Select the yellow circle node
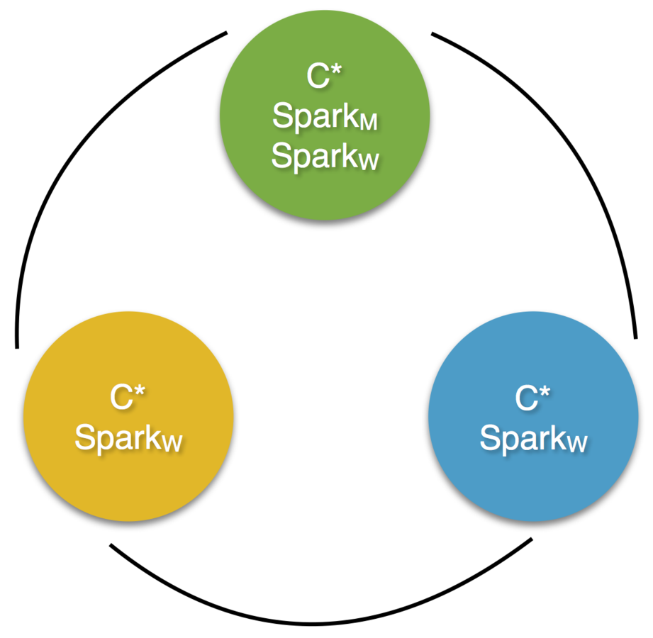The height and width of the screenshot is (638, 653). pos(128,418)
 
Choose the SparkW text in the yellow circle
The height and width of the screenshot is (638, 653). pos(128,438)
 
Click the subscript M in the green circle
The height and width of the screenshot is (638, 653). pos(368,123)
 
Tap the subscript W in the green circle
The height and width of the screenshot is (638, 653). pos(368,162)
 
